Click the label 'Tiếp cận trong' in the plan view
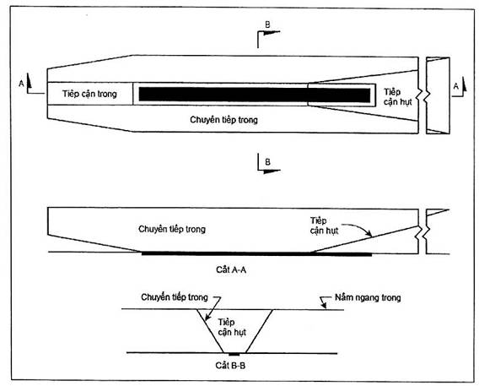pos(89,94)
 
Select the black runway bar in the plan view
pos(255,95)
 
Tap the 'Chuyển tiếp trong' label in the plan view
pos(223,120)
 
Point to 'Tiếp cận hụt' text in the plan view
pos(397,96)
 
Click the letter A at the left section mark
pos(21,83)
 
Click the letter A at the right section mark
pos(455,86)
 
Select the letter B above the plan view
pos(267,24)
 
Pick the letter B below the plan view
pos(267,162)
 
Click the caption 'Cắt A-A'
pos(231,269)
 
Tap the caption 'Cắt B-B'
pos(230,366)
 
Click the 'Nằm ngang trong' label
pos(368,297)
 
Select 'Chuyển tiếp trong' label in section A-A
pos(172,229)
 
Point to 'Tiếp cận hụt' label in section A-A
pos(324,226)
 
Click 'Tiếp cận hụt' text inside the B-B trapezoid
pos(232,327)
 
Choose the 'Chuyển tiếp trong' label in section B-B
pos(175,297)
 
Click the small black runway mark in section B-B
pos(234,355)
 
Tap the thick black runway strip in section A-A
pos(256,254)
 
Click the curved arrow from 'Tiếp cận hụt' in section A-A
pos(360,228)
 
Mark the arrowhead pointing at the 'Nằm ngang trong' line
pos(324,304)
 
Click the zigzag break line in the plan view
pos(422,95)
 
